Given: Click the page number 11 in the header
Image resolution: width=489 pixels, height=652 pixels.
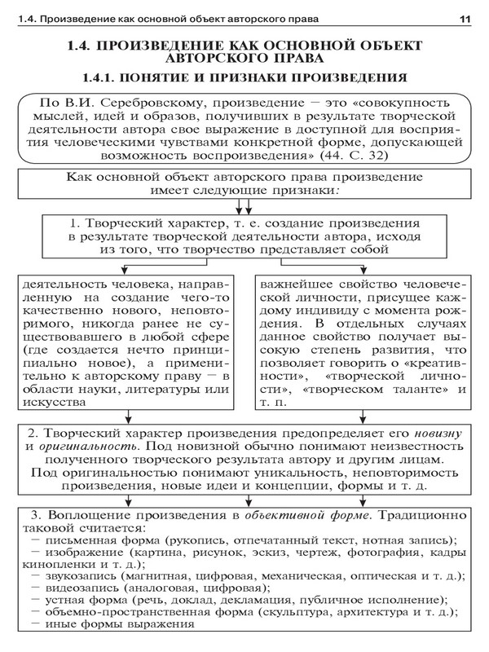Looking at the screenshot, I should coord(465,18).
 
